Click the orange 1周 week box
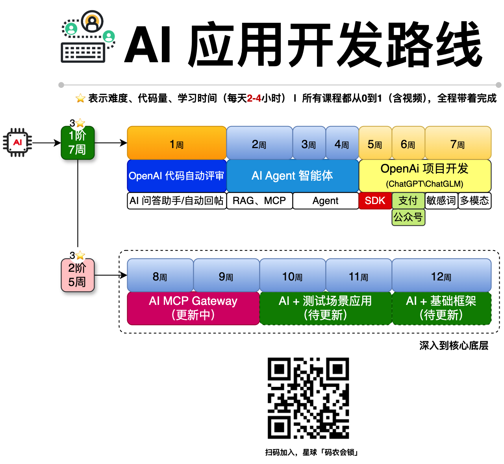coord(177,143)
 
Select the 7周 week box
coord(458,143)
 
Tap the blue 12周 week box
coord(441,275)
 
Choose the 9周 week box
coord(226,275)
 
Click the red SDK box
coord(375,201)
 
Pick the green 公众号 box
coord(408,217)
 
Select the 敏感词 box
coord(441,201)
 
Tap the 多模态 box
coord(474,201)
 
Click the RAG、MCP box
coord(259,201)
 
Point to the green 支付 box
coord(408,201)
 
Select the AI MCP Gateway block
coord(193,308)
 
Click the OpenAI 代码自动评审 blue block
coord(177,176)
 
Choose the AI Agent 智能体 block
coord(293,176)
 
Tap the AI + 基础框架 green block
coord(441,308)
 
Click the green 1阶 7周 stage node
coord(78,143)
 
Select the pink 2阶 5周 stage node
coord(78,275)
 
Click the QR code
coord(308,398)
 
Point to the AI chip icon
coord(17,143)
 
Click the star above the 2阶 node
coord(80,255)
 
